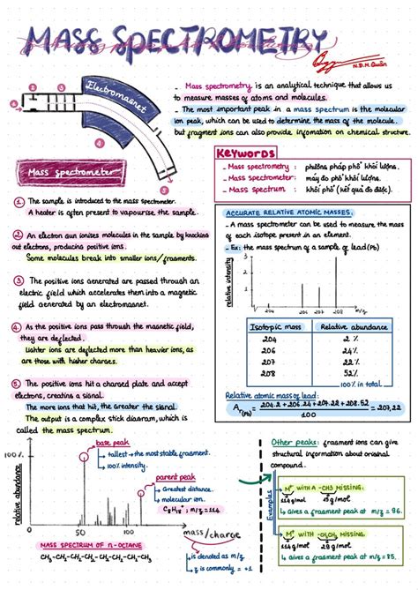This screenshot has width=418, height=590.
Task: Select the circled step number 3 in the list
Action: pyautogui.click(x=18, y=280)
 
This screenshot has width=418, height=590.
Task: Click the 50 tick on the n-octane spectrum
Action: pyautogui.click(x=79, y=534)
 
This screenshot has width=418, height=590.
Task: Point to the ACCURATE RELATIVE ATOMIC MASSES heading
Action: pyautogui.click(x=279, y=213)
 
